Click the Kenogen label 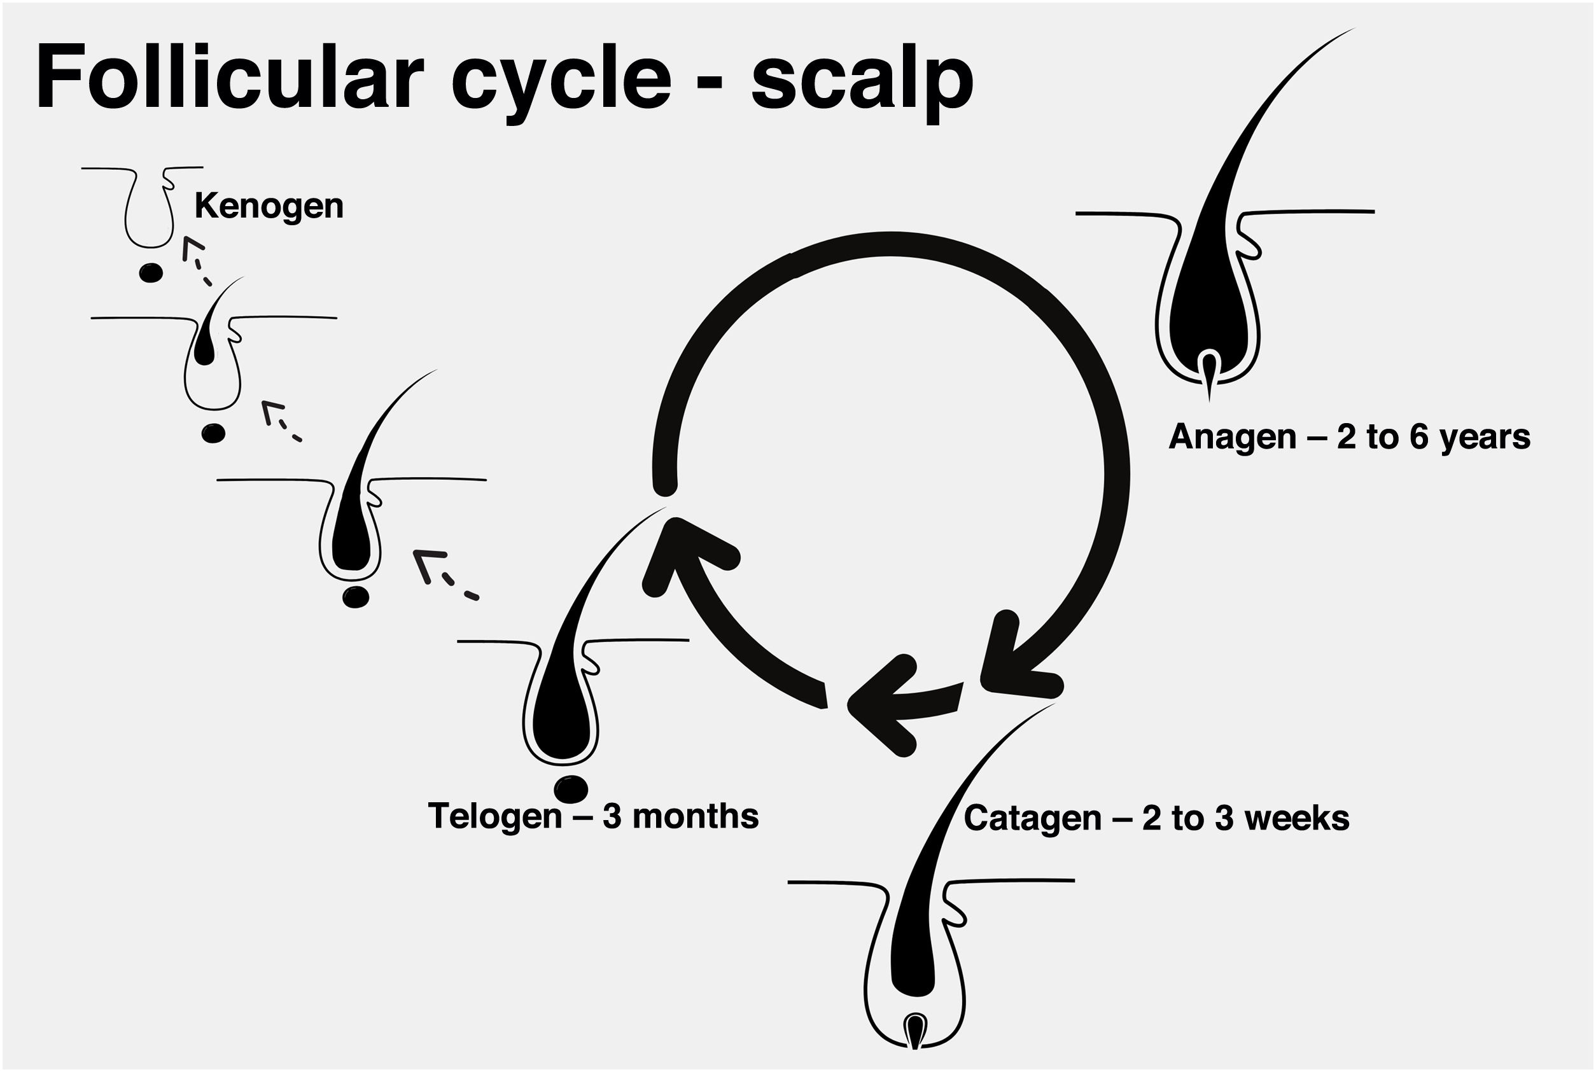(x=269, y=205)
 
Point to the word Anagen (x=1232, y=437)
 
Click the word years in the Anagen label (x=1485, y=437)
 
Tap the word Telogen (x=494, y=816)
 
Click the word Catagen (x=1033, y=818)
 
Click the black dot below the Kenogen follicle (x=150, y=274)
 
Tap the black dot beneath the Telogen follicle (x=571, y=790)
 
